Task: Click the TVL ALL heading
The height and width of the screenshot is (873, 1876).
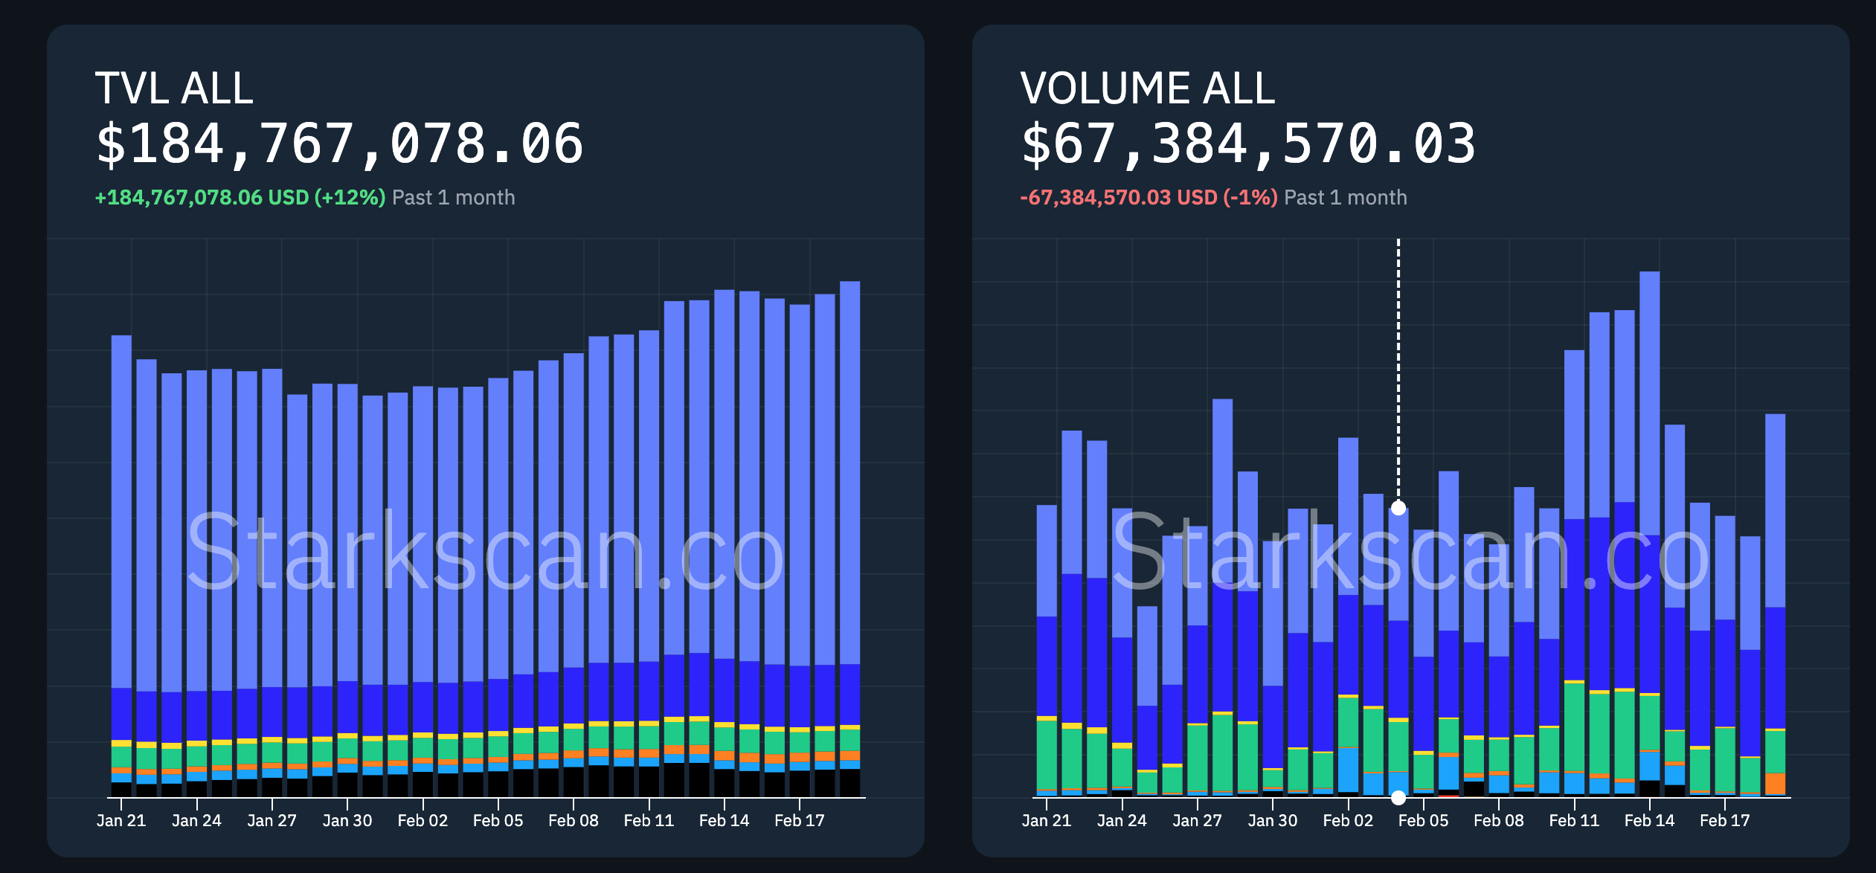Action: tap(174, 88)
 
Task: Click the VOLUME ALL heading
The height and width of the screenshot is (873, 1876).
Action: tap(1147, 88)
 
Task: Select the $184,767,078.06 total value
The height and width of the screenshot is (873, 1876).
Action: tap(339, 144)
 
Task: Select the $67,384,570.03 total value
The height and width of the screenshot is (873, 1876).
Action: tap(1247, 144)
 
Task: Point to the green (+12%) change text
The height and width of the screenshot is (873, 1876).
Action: tap(350, 198)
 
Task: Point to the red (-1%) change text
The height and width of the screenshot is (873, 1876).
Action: tap(1250, 198)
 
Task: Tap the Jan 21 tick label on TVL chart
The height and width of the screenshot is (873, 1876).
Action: tap(121, 821)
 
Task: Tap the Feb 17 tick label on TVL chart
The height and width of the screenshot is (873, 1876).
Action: tap(800, 821)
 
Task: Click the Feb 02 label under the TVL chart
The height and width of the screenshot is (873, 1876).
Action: tap(423, 821)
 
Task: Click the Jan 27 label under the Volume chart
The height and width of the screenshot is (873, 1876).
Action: tap(1197, 821)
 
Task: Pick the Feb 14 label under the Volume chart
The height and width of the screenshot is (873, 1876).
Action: tap(1649, 821)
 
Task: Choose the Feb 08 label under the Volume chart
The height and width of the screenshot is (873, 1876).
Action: tap(1498, 821)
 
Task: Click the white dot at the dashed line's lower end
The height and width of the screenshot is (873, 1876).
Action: tap(1398, 509)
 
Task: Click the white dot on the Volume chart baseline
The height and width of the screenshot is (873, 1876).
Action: tap(1398, 797)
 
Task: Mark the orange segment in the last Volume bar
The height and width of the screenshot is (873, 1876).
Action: tap(1775, 784)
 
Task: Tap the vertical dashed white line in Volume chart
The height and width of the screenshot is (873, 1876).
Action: tap(1398, 372)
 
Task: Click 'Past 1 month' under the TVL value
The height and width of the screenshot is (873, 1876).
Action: tap(453, 198)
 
